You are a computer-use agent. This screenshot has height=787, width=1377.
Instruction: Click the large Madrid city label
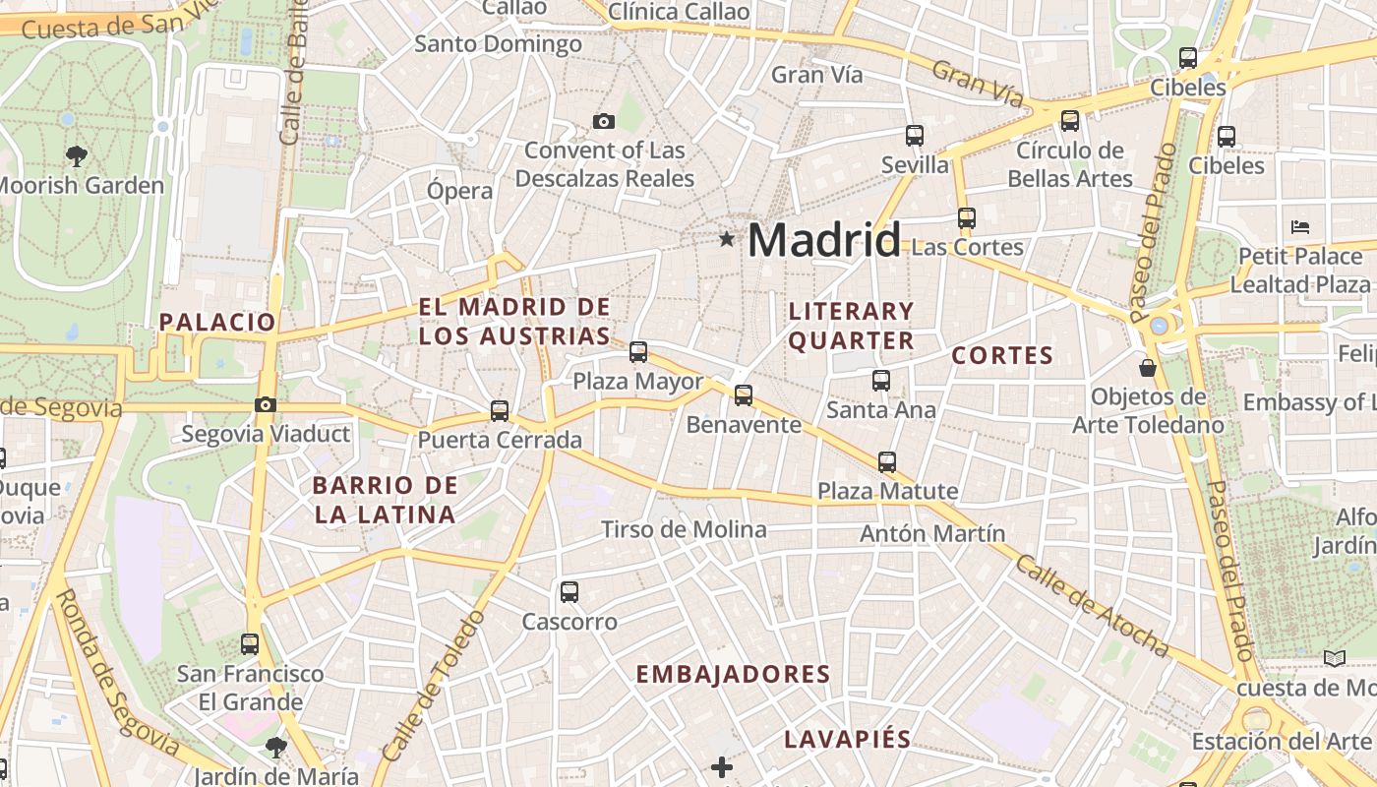click(824, 240)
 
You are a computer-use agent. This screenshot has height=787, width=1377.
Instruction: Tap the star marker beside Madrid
click(727, 238)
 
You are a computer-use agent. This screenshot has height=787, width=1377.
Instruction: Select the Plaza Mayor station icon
click(638, 351)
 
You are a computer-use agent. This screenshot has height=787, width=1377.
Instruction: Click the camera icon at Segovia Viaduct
click(265, 404)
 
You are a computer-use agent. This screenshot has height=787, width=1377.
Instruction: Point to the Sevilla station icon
click(915, 136)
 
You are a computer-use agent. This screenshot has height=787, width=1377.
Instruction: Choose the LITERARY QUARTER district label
click(852, 326)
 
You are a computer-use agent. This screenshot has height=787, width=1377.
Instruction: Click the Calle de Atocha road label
click(1092, 606)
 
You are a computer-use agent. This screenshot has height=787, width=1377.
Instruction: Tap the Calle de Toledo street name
click(433, 686)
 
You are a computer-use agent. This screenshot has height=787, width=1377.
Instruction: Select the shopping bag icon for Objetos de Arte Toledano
click(1147, 369)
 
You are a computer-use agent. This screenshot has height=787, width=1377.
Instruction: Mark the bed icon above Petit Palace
click(1299, 226)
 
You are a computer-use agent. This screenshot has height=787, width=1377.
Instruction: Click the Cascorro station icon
click(569, 591)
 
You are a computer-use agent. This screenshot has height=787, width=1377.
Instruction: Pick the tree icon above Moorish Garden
click(76, 155)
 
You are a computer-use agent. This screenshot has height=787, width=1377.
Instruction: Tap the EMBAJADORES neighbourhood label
click(733, 674)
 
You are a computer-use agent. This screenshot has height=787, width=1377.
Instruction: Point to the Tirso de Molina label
click(684, 529)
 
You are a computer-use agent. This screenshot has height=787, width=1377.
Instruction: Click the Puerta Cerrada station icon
click(500, 410)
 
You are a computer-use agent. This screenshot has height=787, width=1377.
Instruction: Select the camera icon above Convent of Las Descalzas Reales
click(604, 122)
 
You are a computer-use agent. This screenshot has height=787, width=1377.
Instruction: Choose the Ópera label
click(460, 190)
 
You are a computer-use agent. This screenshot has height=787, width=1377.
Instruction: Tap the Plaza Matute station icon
click(887, 461)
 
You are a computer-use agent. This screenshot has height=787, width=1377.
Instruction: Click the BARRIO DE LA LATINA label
click(385, 499)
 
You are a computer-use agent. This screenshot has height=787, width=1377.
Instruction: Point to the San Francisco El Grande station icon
click(250, 644)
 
